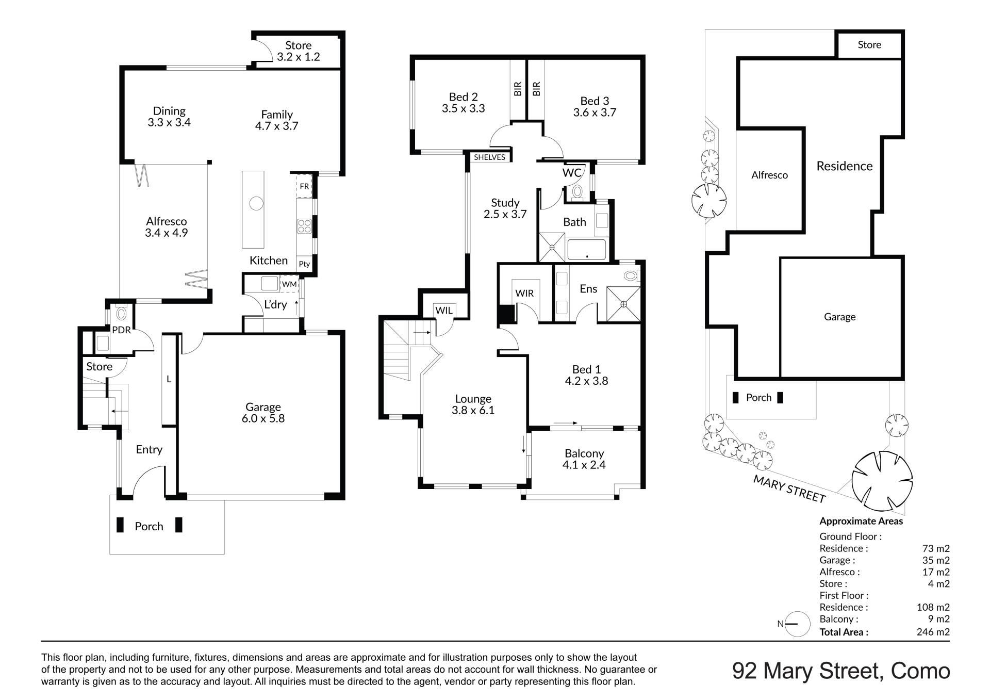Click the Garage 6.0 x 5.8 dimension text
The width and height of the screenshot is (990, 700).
263,419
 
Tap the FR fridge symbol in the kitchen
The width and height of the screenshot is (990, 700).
304,186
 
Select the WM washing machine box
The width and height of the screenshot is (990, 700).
289,284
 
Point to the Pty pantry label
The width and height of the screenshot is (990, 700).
304,264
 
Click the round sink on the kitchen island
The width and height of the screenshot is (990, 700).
256,203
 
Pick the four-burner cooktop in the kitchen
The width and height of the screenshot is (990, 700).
304,226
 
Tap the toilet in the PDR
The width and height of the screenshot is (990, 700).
122,313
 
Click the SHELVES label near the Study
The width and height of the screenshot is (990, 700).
489,157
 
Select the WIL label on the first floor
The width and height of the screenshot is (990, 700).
444,310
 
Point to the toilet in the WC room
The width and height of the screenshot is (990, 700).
577,192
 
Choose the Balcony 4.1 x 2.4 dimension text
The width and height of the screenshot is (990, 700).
584,465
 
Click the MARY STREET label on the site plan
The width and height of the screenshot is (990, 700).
789,489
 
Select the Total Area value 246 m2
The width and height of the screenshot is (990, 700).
933,632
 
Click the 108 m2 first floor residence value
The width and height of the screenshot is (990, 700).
933,607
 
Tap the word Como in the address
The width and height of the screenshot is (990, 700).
920,671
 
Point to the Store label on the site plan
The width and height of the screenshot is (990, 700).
869,45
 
